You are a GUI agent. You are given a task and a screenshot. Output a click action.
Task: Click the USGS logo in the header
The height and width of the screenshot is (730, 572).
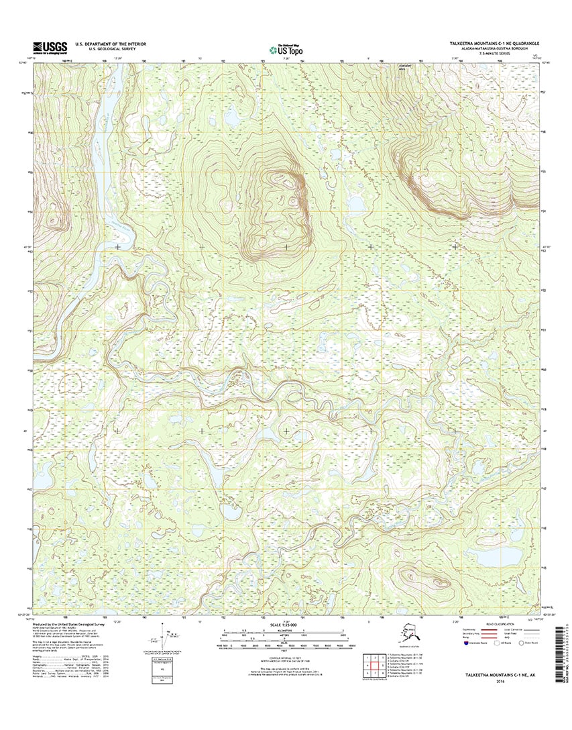coord(50,48)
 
